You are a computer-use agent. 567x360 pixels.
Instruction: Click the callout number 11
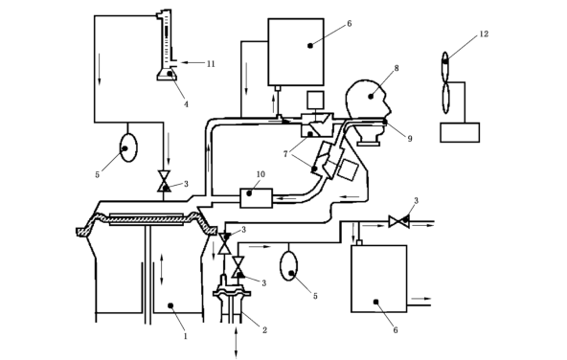tap(211, 64)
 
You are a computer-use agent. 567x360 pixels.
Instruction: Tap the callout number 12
tap(484, 34)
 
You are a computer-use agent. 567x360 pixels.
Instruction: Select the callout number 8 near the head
tap(397, 68)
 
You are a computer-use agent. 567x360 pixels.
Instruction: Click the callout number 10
tap(261, 174)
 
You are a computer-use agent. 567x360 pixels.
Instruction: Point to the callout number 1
tap(186, 336)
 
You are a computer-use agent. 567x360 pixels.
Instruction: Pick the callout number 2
tap(264, 330)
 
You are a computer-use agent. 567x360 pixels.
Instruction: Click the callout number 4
tap(186, 104)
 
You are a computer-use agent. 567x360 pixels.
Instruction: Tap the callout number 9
tap(410, 139)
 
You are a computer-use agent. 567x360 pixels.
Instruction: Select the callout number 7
tap(285, 154)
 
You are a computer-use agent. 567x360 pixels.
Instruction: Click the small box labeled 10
tap(257, 198)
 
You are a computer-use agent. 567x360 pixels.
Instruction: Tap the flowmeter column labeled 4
tap(167, 45)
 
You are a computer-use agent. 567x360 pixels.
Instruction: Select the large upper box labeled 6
tap(296, 52)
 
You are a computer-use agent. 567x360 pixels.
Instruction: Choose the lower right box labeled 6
tap(379, 279)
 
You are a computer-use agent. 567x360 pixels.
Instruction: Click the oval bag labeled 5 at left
tap(128, 147)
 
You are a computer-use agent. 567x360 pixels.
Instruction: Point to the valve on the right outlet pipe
tap(398, 221)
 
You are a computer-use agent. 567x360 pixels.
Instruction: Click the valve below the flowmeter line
tap(164, 181)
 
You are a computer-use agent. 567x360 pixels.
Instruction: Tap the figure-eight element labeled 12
tap(445, 82)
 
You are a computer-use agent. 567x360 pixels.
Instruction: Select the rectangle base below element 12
tap(460, 133)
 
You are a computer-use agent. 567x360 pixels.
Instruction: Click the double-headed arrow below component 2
tap(237, 343)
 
